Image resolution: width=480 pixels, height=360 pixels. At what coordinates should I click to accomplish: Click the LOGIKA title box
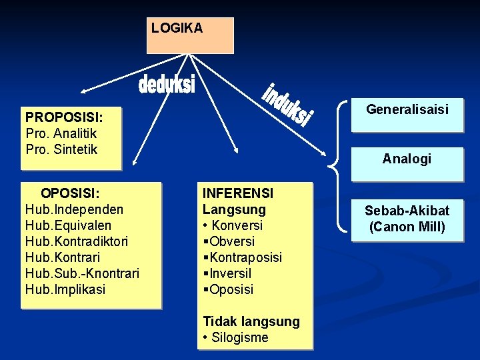(190, 35)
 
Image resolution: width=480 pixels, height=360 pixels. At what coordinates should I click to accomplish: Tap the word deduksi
(167, 85)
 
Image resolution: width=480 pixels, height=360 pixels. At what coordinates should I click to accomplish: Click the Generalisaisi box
(407, 109)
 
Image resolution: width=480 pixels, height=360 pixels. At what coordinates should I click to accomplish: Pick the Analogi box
(407, 159)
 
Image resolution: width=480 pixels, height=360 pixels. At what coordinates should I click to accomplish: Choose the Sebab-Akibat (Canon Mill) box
(407, 219)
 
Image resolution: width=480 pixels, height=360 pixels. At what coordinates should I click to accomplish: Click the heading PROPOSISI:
(64, 117)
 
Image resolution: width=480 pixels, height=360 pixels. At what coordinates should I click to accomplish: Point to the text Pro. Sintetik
(61, 149)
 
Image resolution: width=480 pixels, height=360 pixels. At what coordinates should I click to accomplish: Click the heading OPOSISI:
(70, 193)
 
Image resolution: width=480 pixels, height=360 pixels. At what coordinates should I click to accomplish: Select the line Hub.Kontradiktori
(77, 241)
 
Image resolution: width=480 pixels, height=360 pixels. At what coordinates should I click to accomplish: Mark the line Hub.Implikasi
(65, 289)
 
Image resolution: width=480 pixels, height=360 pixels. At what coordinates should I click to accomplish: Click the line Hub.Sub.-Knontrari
(82, 273)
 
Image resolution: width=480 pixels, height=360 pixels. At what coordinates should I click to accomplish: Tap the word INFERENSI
(238, 193)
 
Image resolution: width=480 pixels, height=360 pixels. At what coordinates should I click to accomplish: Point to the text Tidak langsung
(251, 321)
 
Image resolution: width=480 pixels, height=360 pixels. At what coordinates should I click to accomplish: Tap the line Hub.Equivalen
(68, 225)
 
